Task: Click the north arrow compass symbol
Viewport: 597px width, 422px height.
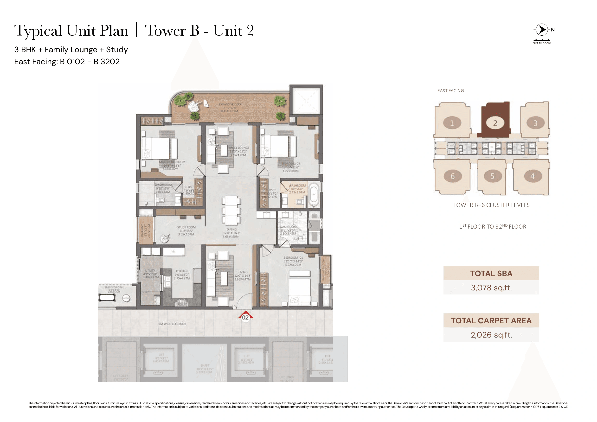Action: coord(542,30)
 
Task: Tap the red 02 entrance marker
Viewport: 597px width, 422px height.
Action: coord(245,317)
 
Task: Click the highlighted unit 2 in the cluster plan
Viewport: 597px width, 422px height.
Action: coord(495,123)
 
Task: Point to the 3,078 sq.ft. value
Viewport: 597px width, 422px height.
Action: coord(491,288)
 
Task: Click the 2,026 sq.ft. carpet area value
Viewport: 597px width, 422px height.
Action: coord(491,335)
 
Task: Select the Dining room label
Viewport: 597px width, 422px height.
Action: coord(231,230)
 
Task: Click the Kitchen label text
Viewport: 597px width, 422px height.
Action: coord(181,271)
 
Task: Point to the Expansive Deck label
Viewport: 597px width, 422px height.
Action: coord(230,104)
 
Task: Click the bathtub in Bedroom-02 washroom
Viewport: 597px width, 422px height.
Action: coord(314,194)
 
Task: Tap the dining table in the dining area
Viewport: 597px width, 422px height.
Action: coord(231,210)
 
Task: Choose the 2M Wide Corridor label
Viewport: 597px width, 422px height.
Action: coord(172,324)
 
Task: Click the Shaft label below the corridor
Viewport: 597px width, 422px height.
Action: coord(205,365)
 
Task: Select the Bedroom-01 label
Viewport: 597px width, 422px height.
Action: coord(293,258)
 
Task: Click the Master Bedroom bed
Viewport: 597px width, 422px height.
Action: coord(159,148)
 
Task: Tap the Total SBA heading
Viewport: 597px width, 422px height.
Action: coord(491,273)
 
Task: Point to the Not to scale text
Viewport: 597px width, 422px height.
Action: coord(541,43)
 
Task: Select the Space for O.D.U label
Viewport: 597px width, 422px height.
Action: coord(114,287)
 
